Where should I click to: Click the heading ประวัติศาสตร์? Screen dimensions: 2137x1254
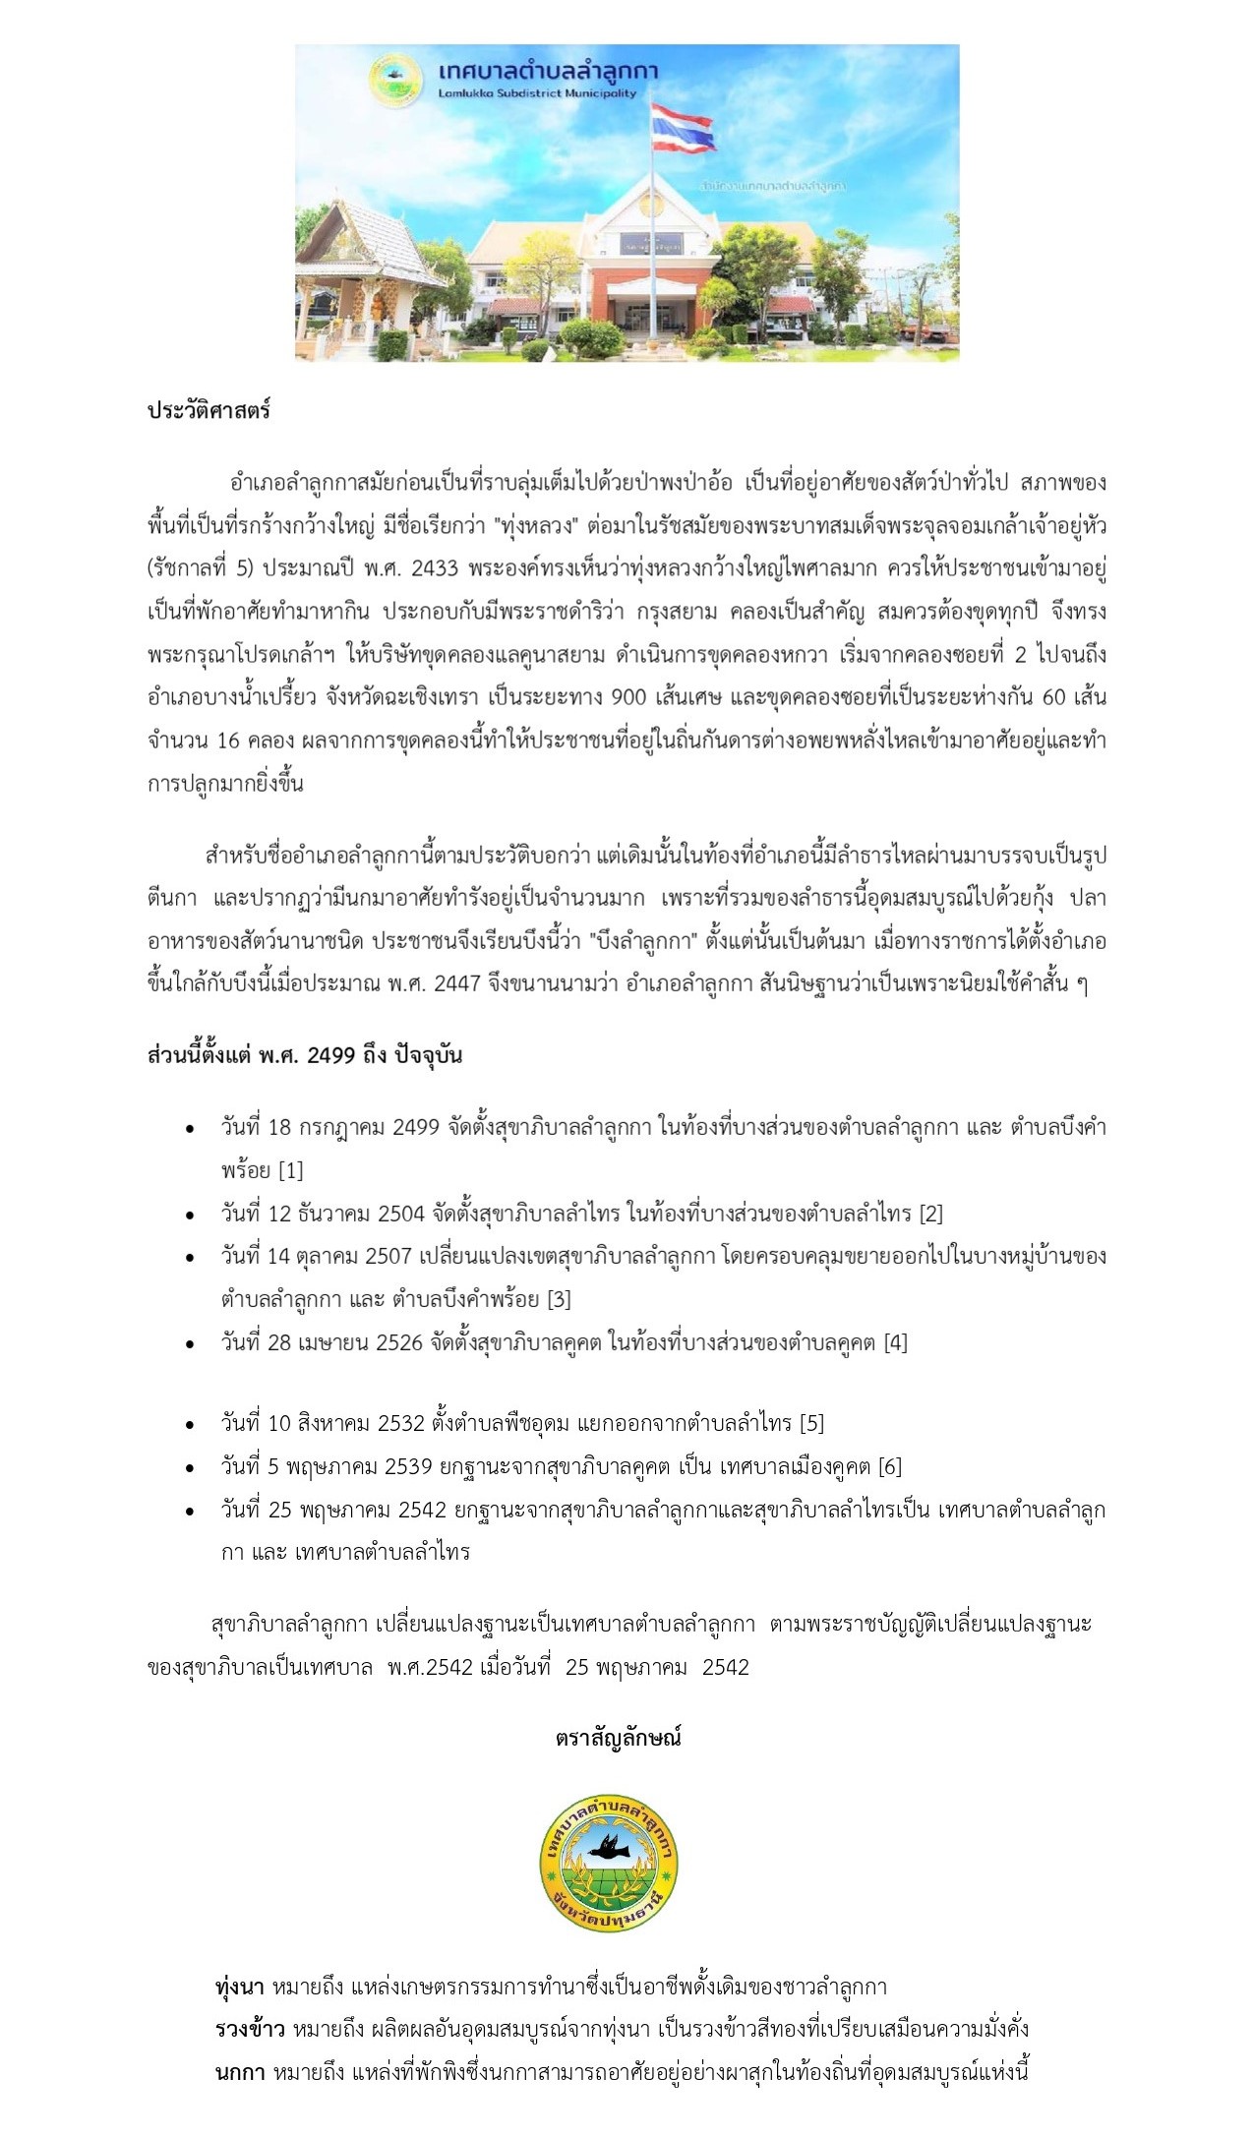(209, 411)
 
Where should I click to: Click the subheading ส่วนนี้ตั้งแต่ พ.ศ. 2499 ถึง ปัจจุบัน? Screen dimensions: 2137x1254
(305, 1055)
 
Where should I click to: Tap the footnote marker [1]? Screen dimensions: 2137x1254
(291, 1170)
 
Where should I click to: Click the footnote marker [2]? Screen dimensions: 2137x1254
(931, 1214)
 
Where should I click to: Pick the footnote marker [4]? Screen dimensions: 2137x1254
(895, 1342)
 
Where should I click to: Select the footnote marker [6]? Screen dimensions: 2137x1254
(889, 1466)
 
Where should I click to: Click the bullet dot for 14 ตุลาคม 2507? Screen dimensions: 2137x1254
(190, 1258)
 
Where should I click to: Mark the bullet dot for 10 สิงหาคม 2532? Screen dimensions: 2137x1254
(190, 1425)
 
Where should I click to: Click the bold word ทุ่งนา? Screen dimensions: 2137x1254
(241, 1987)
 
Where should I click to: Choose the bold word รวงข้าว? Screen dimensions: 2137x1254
(250, 2029)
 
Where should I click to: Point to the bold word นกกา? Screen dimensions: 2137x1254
(239, 2072)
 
